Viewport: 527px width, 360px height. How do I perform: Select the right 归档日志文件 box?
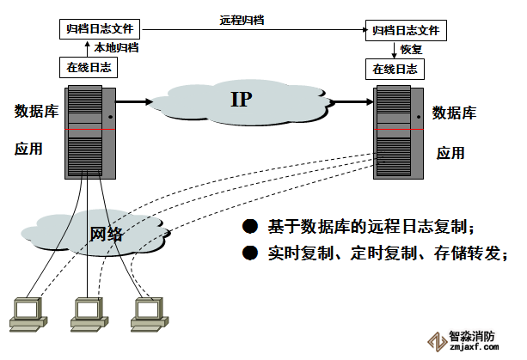[405, 30]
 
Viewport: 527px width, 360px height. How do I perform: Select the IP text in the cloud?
[241, 100]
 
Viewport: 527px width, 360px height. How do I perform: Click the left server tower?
[89, 131]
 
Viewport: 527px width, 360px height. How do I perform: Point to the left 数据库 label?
[36, 111]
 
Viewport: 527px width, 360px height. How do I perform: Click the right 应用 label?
[450, 153]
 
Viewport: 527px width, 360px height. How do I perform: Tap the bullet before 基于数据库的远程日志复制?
[250, 227]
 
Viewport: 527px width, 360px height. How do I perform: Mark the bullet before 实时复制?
[250, 253]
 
